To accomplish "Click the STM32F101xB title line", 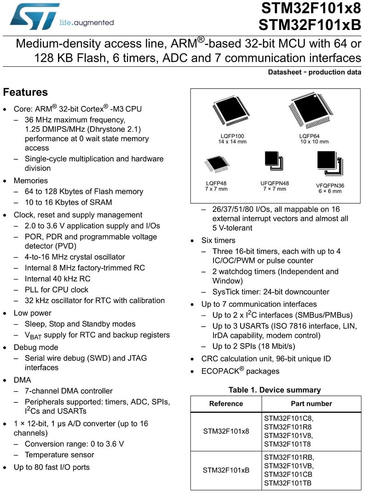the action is point(310,25).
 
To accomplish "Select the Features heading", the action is point(25,92).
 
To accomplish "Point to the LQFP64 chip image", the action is point(311,111).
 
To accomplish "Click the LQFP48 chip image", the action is point(217,164).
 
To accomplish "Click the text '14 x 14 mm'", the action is point(232,142).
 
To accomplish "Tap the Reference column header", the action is point(226,403).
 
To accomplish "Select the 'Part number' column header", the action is point(311,403).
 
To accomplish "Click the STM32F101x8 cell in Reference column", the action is point(226,431).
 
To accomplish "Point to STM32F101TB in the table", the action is point(287,483).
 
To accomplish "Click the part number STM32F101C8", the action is point(288,418).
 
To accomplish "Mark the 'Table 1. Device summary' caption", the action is point(275,390).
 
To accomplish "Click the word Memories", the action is point(31,181).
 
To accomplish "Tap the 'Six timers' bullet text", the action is point(218,240).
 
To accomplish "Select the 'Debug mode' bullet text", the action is point(36,347).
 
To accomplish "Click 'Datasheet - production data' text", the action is point(314,72).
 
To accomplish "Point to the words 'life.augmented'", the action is point(86,23).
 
